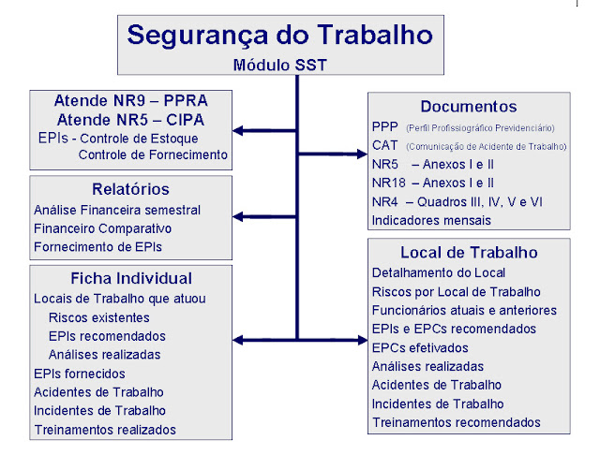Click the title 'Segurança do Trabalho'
(x=279, y=36)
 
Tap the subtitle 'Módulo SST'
(x=280, y=65)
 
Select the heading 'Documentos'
(x=469, y=106)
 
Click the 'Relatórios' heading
(x=130, y=189)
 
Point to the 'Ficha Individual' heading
(x=131, y=278)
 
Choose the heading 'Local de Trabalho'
(x=469, y=253)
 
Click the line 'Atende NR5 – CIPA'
(x=130, y=120)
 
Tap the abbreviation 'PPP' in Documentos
(x=385, y=126)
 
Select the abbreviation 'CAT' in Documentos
(x=385, y=145)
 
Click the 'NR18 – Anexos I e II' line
(x=433, y=183)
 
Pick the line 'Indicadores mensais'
(x=431, y=220)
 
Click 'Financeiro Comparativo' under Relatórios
(x=102, y=228)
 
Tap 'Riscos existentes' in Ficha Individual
(x=99, y=317)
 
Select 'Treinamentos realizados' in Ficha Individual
(x=105, y=430)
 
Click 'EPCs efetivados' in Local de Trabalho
(x=420, y=347)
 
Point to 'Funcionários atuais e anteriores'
(x=464, y=310)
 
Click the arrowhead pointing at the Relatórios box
(x=237, y=217)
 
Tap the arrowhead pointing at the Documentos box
(x=362, y=154)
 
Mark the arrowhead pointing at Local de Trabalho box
(x=362, y=340)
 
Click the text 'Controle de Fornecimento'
(x=153, y=154)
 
